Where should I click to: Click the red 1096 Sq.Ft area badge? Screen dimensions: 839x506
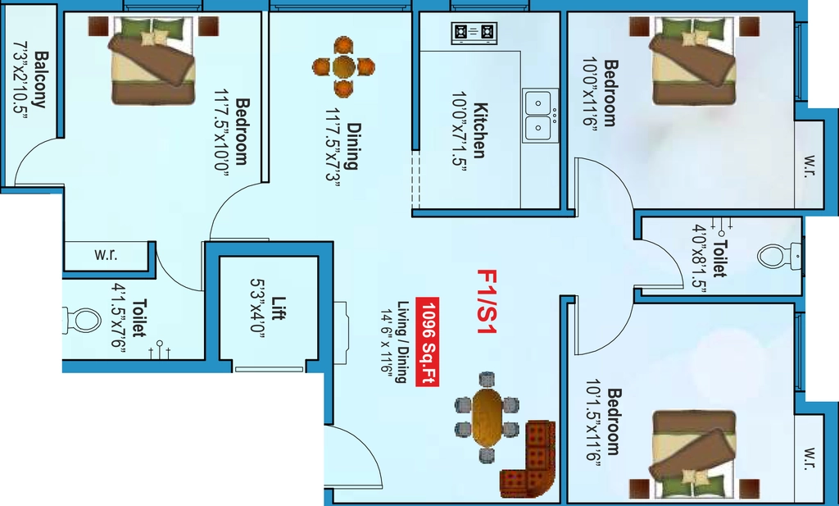coord(428,341)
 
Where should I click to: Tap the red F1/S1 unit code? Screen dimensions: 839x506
coord(487,302)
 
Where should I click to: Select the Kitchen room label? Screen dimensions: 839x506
coord(480,130)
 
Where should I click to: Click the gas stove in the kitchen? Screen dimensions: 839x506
coord(474,33)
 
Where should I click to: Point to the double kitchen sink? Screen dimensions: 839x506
coord(541,115)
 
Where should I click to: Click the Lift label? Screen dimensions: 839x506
coord(278,308)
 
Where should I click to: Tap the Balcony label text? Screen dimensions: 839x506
coord(41,80)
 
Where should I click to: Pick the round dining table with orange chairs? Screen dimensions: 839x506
coord(343,67)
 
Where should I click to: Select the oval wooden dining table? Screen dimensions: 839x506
coord(487,417)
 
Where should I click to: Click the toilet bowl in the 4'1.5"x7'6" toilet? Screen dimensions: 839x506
coord(82,321)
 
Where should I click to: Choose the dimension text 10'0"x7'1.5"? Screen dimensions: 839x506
coord(460,130)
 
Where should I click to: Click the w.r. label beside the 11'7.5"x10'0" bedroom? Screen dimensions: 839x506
coord(106,254)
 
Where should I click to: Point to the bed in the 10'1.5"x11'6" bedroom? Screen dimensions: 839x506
coord(694,454)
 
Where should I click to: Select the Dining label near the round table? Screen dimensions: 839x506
coord(352,146)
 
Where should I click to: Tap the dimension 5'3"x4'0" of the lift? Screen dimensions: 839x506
coord(258,305)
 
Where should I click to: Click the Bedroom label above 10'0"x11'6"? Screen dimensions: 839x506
coord(610,93)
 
